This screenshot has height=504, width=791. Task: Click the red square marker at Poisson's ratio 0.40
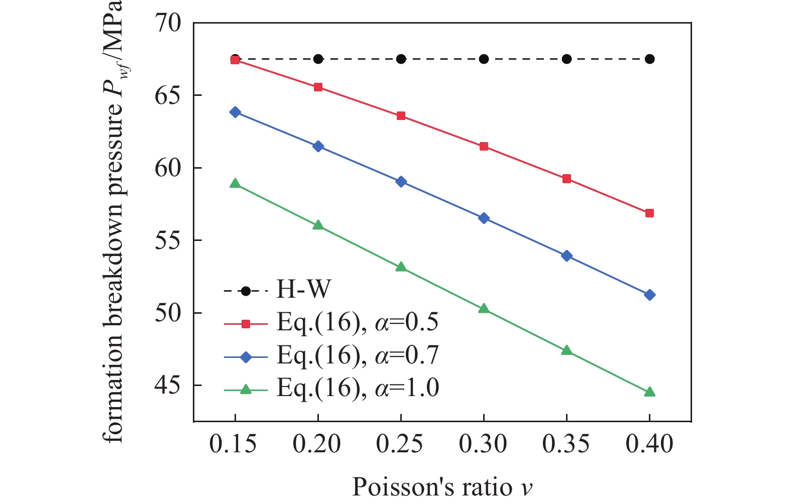[649, 213]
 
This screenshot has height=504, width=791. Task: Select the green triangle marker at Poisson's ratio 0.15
[235, 184]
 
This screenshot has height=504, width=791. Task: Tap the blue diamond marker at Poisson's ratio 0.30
[484, 218]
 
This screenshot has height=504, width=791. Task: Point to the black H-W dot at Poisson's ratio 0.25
[401, 59]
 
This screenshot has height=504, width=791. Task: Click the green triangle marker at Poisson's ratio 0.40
[649, 392]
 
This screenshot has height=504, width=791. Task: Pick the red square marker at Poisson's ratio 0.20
[318, 87]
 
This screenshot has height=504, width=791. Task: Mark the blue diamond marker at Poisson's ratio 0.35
[567, 256]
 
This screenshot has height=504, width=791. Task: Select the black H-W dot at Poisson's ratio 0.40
[649, 59]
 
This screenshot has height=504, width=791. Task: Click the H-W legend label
[304, 290]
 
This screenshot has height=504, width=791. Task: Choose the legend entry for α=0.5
[357, 323]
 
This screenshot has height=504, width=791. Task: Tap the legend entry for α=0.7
[357, 355]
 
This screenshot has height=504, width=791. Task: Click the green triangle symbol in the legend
[246, 389]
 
